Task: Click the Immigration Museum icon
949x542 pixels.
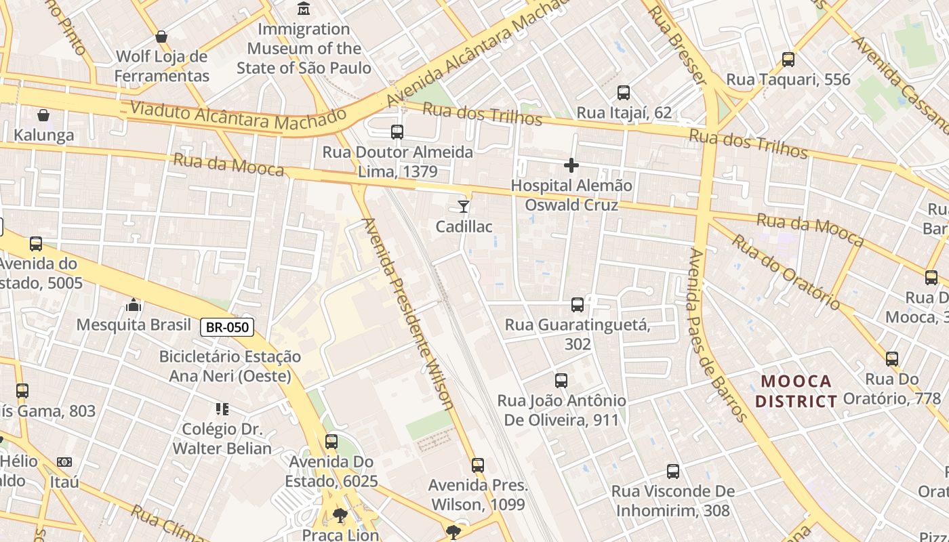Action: (304, 9)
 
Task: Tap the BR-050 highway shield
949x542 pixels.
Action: (227, 328)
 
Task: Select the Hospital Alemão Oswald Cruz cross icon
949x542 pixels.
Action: (571, 165)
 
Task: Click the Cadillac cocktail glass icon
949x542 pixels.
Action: (464, 206)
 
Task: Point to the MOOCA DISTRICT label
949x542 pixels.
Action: (796, 391)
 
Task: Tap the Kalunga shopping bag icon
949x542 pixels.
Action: (43, 115)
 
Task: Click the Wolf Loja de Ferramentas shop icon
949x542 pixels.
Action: (161, 36)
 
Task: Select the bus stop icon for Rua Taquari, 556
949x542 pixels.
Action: (788, 60)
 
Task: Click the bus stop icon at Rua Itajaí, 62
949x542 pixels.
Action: (624, 93)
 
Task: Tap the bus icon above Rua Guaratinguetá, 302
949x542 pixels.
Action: (578, 305)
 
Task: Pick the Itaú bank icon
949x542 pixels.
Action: (64, 462)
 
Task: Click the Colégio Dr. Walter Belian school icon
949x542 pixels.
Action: (222, 409)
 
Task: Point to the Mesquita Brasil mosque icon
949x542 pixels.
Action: (134, 305)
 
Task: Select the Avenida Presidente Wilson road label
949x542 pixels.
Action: (409, 313)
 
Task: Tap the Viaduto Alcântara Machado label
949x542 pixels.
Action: (238, 116)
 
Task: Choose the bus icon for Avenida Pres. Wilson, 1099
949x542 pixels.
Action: (478, 465)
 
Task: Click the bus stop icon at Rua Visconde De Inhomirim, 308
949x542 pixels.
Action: (672, 472)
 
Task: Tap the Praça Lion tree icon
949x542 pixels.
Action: (340, 516)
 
